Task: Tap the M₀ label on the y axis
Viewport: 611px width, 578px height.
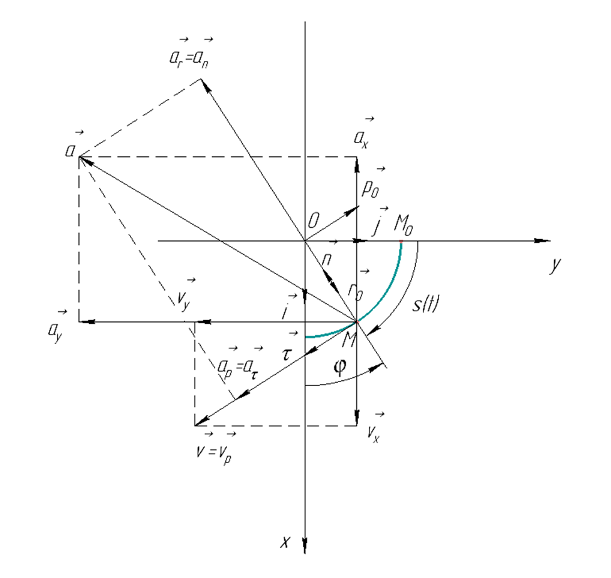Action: [404, 225]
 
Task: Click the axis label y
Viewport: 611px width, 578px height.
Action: [553, 266]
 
